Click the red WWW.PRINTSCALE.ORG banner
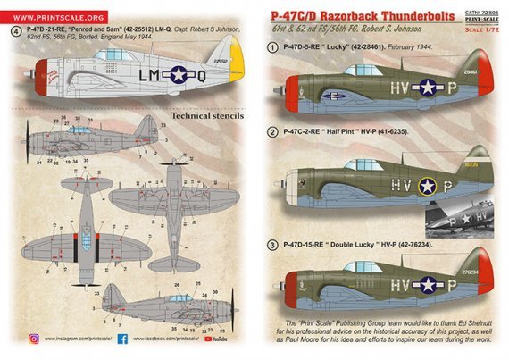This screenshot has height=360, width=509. click(x=56, y=14)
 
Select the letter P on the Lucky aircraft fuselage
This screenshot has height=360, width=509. click(x=448, y=88)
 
